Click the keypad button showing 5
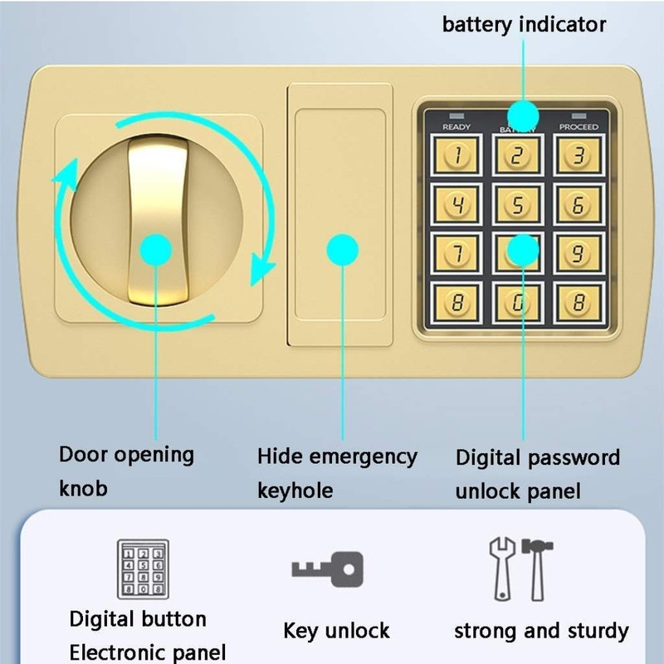517,204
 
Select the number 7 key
456,255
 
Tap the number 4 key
456,204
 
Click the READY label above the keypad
456,127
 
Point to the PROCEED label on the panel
579,127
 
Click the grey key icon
327,569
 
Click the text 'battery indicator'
524,24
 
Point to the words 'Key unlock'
336,631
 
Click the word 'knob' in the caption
83,488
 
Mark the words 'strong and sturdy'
541,631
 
